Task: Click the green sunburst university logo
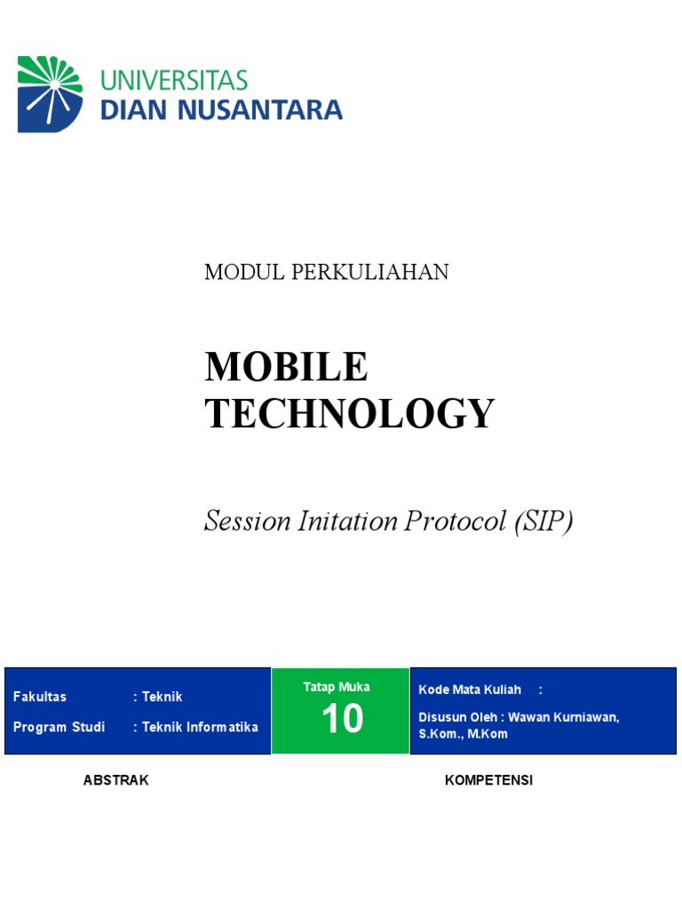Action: coord(50,94)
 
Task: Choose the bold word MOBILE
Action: coord(286,367)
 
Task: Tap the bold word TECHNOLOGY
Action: coord(350,413)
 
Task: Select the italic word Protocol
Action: coord(455,521)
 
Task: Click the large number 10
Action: coord(342,719)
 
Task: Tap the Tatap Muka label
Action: coord(337,687)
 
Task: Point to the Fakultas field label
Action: coord(40,697)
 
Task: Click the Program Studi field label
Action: coord(59,727)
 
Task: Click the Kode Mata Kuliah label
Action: coord(470,690)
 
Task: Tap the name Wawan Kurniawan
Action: coord(564,717)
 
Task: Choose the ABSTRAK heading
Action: coord(115,780)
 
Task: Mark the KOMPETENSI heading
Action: coord(488,780)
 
